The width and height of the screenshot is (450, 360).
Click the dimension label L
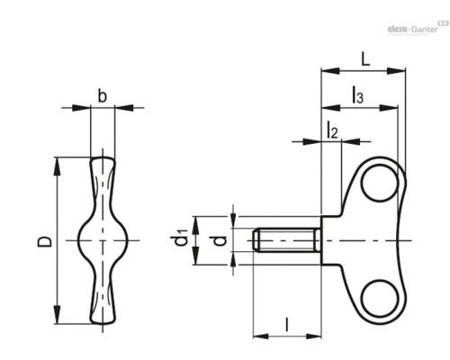coord(365,59)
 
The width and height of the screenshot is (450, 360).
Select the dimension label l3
coord(357,94)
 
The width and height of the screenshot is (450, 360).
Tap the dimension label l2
coord(332,130)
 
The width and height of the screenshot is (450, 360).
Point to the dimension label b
coord(103,96)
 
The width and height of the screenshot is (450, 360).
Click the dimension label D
coord(44,241)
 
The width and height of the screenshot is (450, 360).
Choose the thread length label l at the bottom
coord(287,324)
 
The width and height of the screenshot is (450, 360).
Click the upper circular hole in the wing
coord(380,183)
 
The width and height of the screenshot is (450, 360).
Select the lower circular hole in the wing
coord(380,298)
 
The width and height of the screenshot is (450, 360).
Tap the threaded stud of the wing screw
coord(287,240)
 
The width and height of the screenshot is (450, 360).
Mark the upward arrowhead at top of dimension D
coord(57,166)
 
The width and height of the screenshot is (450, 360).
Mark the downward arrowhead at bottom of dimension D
coord(57,315)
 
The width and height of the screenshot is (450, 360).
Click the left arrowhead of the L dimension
coord(330,71)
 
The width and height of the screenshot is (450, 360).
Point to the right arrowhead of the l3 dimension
coord(389,107)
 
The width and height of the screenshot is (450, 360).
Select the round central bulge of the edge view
coord(103,240)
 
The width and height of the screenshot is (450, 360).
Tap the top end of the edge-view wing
coord(103,158)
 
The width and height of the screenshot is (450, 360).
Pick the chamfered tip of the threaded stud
coord(256,240)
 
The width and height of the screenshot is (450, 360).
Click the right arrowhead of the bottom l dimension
coord(313,337)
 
